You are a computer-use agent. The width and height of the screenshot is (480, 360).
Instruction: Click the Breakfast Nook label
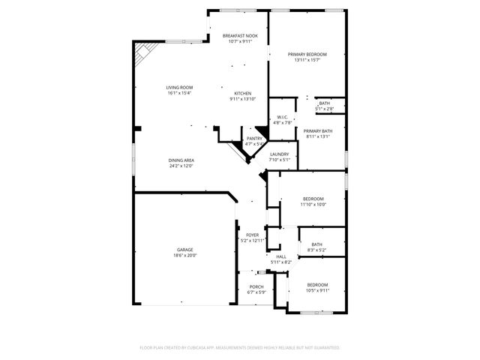click(240, 35)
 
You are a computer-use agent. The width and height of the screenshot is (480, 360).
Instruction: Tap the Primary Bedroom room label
click(307, 55)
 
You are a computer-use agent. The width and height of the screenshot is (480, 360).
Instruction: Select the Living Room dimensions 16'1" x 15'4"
click(179, 94)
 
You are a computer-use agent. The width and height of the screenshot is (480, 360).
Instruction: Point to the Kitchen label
click(242, 93)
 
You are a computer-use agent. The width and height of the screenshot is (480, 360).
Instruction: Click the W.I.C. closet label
click(282, 117)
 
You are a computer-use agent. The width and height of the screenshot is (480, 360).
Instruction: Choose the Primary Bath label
click(318, 130)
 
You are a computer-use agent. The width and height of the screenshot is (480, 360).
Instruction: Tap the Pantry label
click(255, 138)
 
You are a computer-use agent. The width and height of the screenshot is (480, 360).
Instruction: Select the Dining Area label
click(181, 160)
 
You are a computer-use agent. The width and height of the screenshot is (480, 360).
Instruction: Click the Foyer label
click(253, 235)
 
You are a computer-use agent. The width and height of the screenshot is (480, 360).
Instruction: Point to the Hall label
click(280, 256)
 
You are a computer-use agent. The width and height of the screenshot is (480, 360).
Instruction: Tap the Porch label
click(256, 286)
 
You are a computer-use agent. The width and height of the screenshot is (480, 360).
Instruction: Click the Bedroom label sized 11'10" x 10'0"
click(313, 199)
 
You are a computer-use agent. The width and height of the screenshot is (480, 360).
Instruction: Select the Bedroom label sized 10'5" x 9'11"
click(318, 285)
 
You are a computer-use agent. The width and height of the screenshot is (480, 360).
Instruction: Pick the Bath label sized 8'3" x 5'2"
click(317, 244)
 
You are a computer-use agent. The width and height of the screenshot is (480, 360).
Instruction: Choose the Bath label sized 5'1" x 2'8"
click(324, 103)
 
